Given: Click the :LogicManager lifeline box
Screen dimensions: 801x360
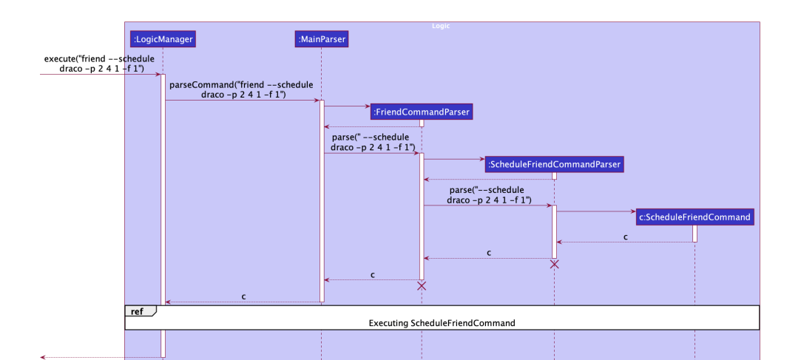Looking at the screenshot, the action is (162, 38).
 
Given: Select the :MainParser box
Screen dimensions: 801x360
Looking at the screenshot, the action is (321, 38).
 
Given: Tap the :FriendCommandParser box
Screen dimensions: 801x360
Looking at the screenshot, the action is (422, 112).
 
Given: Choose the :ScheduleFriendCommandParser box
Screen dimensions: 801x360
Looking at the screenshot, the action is (554, 164).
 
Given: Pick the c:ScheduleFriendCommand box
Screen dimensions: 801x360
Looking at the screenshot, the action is (694, 217).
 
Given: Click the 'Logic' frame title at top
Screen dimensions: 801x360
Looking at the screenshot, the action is (441, 26).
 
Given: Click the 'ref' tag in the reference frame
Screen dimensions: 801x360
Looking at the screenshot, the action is (138, 311).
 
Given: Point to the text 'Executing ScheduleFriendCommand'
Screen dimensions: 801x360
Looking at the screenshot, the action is (442, 323).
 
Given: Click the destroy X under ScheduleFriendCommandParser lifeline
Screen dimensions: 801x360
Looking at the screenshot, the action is (554, 264).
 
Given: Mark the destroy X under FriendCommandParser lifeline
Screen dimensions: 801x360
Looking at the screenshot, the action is (422, 285).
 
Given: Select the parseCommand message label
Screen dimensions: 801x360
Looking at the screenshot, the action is (242, 89).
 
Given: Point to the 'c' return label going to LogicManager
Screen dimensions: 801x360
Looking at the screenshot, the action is (243, 296).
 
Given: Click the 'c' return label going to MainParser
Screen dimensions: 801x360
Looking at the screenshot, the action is (372, 275).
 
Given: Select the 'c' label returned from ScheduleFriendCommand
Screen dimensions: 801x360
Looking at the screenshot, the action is (626, 237).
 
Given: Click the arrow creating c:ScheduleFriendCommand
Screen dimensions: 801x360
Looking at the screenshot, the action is (596, 211).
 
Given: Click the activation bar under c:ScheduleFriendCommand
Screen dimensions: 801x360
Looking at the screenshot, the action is (694, 234).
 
